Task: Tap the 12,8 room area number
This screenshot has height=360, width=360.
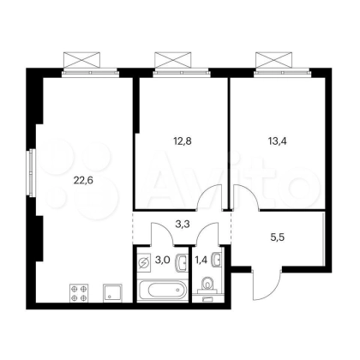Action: (183, 141)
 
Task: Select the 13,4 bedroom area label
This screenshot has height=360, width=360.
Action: (278, 141)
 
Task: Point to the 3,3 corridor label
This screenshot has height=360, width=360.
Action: (183, 225)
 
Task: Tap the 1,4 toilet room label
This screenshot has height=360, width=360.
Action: (201, 260)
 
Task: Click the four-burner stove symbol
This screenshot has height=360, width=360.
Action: (79, 293)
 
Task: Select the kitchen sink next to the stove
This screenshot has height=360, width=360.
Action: (112, 293)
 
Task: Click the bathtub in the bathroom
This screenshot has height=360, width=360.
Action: (163, 291)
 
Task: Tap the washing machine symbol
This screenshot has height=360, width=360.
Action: (144, 262)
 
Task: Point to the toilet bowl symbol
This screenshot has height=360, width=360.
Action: (207, 285)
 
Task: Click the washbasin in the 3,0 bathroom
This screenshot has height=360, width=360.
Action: (182, 261)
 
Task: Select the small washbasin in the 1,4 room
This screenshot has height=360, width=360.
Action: (217, 260)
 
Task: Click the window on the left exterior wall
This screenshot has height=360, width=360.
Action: (31, 173)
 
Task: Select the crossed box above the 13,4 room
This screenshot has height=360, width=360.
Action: (274, 60)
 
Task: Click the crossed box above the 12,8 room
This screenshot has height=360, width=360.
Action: (172, 60)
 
